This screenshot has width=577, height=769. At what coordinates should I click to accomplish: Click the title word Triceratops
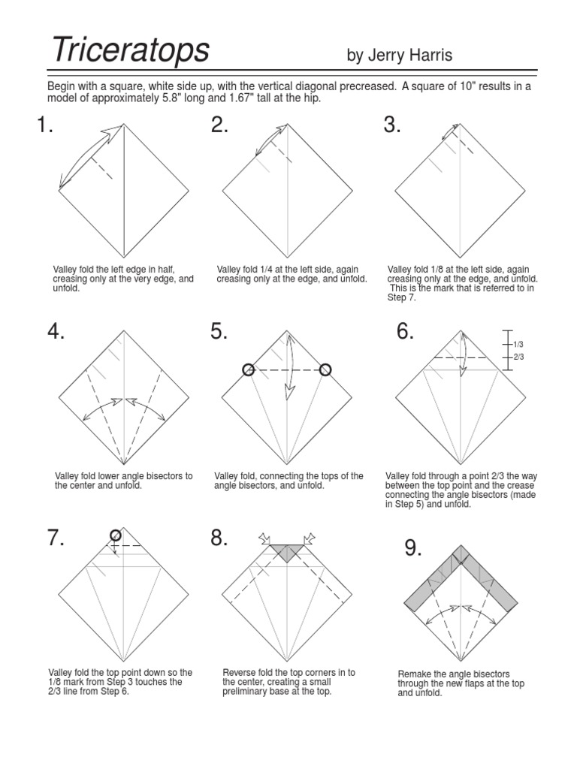[130, 51]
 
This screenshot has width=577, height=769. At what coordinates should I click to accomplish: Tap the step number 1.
[45, 125]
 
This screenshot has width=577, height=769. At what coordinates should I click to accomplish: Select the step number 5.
[219, 331]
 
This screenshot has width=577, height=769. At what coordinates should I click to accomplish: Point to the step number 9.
[412, 549]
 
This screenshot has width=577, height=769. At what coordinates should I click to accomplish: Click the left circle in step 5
[249, 369]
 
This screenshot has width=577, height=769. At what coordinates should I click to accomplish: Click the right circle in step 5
[325, 369]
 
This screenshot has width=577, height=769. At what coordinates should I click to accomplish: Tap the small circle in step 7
[115, 535]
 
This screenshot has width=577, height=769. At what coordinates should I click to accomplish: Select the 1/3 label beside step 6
[518, 344]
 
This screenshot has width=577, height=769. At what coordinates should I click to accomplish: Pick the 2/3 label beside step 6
[518, 357]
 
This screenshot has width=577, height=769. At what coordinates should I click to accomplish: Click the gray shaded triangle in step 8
[285, 552]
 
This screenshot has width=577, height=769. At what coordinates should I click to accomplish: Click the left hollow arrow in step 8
[264, 537]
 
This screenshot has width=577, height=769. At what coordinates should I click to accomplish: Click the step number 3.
[392, 125]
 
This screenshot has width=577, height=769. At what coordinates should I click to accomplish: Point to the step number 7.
[56, 538]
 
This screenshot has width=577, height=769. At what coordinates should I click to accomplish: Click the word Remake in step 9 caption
[414, 674]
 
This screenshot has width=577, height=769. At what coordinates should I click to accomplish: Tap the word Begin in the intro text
[64, 86]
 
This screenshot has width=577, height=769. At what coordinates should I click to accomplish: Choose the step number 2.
[219, 125]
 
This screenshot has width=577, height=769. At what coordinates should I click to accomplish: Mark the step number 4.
[56, 331]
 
